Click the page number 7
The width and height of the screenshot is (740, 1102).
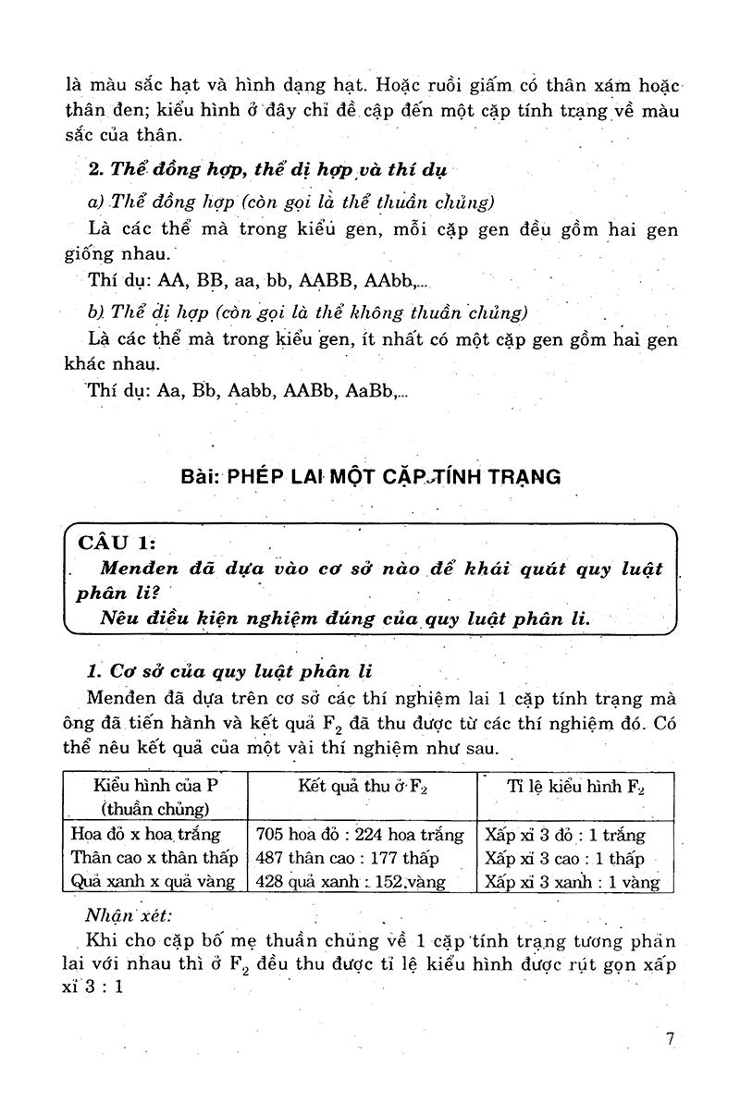pyautogui.click(x=670, y=1038)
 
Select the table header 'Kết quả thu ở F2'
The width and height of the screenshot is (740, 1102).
pyautogui.click(x=362, y=786)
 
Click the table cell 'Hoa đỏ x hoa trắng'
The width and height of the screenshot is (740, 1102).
pyautogui.click(x=145, y=834)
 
